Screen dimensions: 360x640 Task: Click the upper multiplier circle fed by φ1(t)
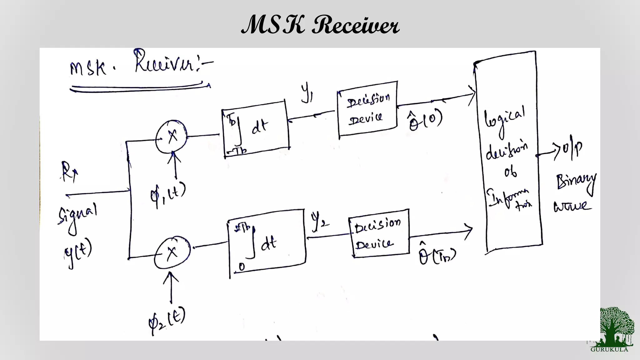point(171,137)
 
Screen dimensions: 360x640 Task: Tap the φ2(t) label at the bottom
point(167,320)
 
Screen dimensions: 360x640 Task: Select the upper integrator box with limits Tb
point(256,129)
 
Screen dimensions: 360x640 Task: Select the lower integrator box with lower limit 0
point(267,243)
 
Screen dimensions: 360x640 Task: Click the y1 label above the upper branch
point(307,93)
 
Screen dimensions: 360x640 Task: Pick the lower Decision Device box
point(378,233)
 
